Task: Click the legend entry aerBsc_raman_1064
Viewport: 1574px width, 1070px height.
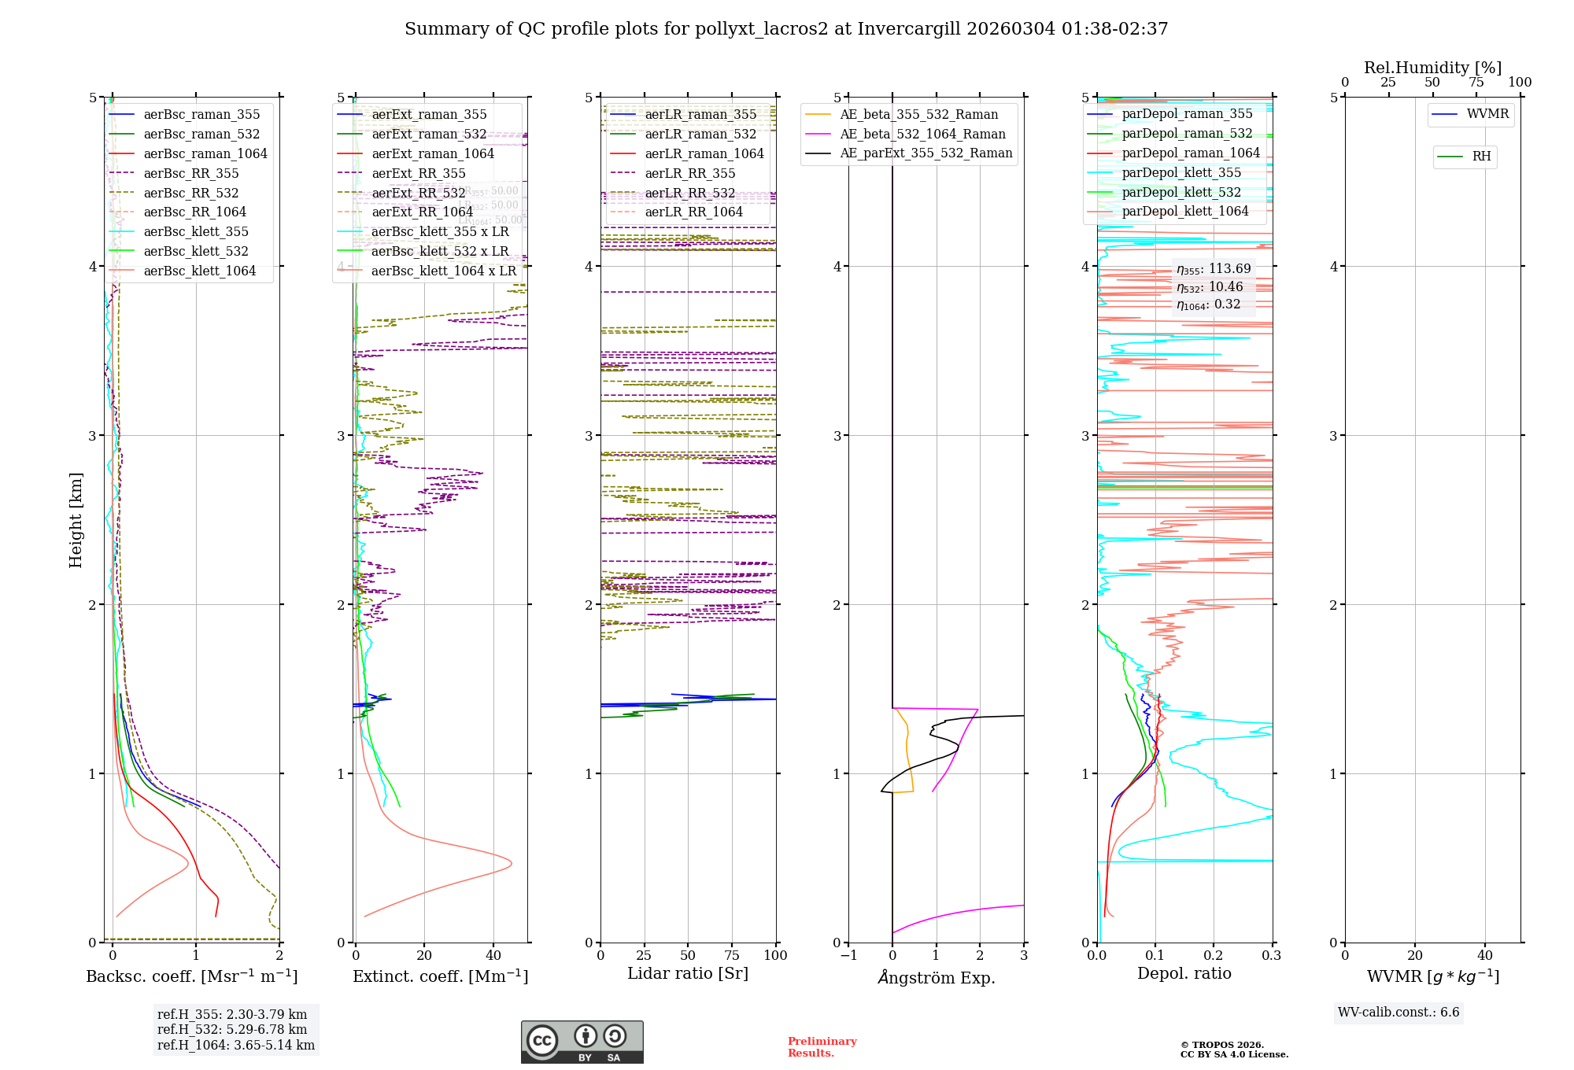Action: pyautogui.click(x=205, y=154)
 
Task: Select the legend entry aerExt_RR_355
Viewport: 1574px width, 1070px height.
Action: pyautogui.click(x=418, y=174)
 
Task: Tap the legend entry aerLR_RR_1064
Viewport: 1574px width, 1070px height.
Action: pyautogui.click(x=693, y=212)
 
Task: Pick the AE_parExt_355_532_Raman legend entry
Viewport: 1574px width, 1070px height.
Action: pyautogui.click(x=926, y=153)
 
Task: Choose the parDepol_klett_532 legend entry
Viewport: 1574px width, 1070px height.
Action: pyautogui.click(x=1180, y=193)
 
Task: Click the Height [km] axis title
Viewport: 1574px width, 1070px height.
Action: pyautogui.click(x=76, y=520)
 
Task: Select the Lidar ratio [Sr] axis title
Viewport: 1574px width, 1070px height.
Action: pyautogui.click(x=688, y=974)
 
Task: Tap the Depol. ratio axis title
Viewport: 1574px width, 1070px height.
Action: pyautogui.click(x=1184, y=974)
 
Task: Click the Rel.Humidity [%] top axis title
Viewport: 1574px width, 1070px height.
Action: pyautogui.click(x=1432, y=68)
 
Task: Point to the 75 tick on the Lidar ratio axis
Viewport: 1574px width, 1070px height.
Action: pyautogui.click(x=732, y=956)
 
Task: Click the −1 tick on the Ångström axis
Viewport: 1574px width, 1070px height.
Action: pyautogui.click(x=848, y=956)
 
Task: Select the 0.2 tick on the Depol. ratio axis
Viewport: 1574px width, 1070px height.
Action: pyautogui.click(x=1214, y=956)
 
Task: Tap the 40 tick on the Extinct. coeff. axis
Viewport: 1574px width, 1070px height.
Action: pyautogui.click(x=493, y=956)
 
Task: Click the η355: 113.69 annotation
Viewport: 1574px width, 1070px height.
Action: pyautogui.click(x=1213, y=269)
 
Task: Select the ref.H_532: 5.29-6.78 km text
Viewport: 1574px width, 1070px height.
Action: pyautogui.click(x=232, y=1030)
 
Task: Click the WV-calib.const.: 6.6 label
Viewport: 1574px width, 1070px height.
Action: pyautogui.click(x=1398, y=1013)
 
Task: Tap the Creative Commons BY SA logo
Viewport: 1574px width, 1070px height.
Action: pyautogui.click(x=582, y=1042)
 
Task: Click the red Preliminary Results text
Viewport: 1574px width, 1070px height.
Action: pyautogui.click(x=822, y=1047)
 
